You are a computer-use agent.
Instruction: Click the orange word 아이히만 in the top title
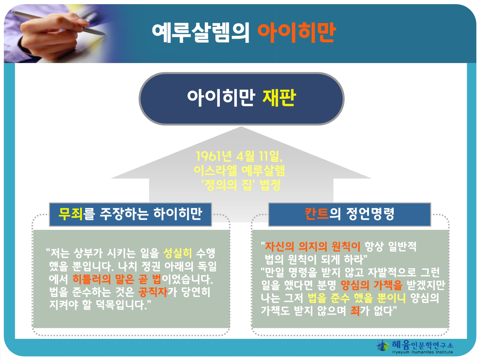297,32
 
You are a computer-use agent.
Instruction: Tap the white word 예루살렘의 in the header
201,32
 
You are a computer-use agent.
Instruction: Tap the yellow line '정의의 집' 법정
241,185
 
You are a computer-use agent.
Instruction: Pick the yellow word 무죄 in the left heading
71,213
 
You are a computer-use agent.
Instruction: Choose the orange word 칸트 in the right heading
317,213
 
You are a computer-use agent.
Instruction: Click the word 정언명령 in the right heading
370,213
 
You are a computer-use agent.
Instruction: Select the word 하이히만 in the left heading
178,213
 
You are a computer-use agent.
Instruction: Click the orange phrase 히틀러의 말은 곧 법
117,279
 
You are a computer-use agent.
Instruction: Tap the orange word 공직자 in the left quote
153,292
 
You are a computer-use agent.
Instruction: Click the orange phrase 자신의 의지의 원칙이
313,246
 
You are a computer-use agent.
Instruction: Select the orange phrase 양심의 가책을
371,285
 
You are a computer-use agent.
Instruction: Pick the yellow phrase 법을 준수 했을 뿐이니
356,298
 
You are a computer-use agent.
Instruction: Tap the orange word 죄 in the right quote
355,311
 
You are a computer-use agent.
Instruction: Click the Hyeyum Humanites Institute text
422,352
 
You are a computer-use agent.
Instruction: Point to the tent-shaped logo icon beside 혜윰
383,345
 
